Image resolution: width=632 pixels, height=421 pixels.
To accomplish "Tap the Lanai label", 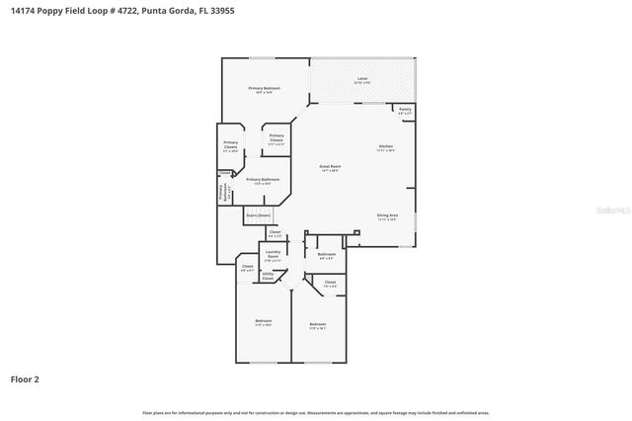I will click(361, 79).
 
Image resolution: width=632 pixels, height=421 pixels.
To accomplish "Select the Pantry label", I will click(405, 110).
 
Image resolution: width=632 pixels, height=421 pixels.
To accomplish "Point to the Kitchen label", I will click(386, 147).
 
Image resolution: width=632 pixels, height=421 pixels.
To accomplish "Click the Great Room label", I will click(330, 167).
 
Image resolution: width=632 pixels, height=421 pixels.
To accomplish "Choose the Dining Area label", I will click(387, 215).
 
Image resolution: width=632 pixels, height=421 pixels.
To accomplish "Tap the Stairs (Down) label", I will click(258, 214).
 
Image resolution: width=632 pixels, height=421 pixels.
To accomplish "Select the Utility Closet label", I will click(268, 278).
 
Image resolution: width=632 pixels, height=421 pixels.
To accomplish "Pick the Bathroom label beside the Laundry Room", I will click(327, 254).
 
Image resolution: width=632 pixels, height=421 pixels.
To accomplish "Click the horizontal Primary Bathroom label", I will click(262, 180).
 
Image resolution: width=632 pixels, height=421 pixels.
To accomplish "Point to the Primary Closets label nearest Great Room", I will click(276, 137).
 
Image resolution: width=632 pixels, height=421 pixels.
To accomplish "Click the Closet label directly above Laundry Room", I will click(275, 233).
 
